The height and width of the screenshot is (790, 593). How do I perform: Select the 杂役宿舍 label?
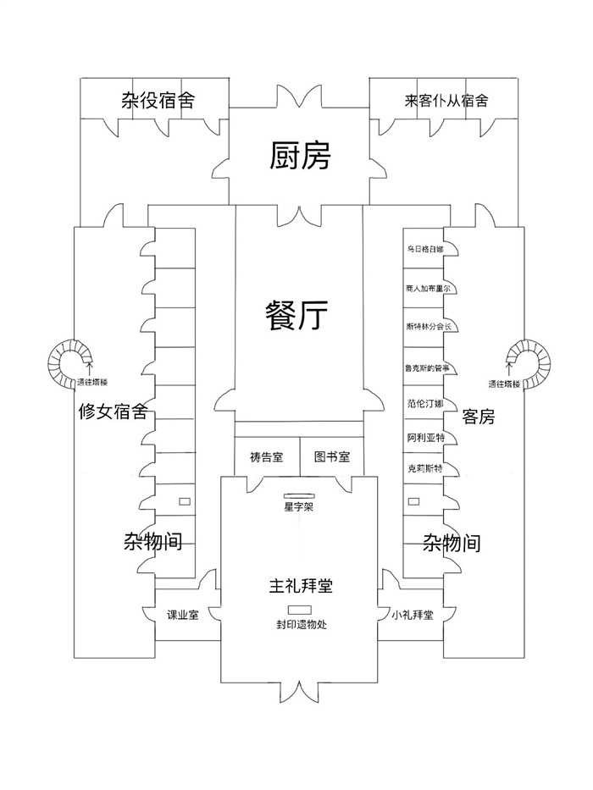(157, 102)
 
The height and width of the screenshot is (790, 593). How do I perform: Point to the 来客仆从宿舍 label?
(446, 102)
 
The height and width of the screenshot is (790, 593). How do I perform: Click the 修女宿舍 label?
(112, 412)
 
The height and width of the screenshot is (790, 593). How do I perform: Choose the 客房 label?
(479, 417)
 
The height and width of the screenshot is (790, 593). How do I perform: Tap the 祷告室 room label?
(266, 457)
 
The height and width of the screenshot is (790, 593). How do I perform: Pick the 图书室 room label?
(326, 457)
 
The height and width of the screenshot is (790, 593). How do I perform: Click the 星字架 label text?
(299, 508)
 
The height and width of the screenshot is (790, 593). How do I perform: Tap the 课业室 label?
(181, 616)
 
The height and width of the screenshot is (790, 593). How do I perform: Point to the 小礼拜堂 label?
(413, 616)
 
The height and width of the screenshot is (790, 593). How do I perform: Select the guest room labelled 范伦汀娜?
(424, 404)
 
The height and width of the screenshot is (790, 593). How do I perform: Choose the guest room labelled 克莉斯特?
(424, 467)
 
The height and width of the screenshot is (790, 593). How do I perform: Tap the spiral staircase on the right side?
(527, 364)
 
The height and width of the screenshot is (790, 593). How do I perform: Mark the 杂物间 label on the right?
(452, 543)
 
